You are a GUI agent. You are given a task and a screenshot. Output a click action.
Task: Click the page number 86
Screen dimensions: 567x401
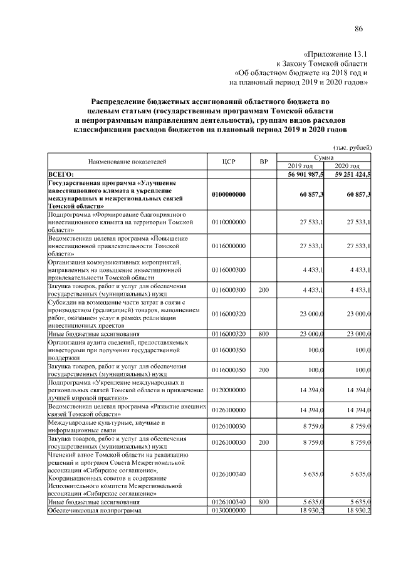tap(359, 29)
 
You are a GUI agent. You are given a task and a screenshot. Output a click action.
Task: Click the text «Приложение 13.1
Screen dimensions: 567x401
tap(335, 54)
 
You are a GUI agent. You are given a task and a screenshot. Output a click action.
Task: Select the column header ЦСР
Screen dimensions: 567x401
tap(228, 162)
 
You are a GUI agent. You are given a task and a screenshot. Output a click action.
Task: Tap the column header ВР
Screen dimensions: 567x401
tap(264, 162)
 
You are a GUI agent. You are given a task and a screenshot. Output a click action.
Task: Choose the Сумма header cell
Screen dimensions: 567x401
tap(325, 157)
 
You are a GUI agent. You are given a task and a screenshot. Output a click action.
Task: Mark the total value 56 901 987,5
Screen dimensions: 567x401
tap(301, 174)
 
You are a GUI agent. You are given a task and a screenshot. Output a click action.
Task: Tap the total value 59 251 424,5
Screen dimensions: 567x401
tap(348, 174)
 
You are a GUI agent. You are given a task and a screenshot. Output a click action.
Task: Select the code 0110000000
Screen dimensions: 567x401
tap(229, 222)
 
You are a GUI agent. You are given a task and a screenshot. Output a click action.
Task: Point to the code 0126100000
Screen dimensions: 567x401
tap(229, 410)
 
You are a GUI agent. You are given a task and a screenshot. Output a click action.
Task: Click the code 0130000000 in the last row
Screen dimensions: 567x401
tap(229, 511)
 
